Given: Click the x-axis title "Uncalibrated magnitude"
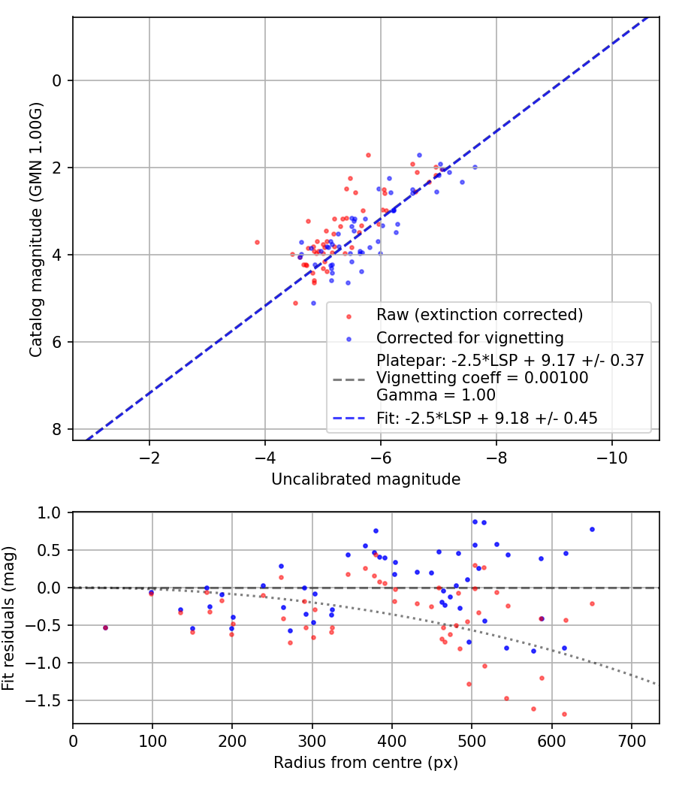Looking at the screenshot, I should coord(366,479).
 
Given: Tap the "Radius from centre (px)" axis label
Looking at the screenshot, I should coord(366,763).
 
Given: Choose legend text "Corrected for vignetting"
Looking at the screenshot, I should coord(470,337).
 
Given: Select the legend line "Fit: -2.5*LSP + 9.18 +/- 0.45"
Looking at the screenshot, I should coord(487,419).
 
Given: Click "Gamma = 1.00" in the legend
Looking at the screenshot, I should coord(425,395).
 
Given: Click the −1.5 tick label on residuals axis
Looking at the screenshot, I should coord(49,700).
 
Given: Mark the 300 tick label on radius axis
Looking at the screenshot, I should coord(312,742).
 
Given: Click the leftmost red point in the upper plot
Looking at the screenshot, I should coord(257,242).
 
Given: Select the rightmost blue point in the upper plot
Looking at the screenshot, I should coord(474,167).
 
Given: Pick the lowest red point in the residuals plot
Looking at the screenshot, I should coord(564,714).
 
